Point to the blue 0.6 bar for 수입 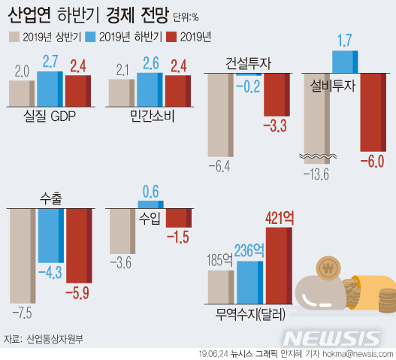point(150,204)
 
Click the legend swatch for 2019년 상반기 point(14,36)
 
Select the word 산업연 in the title point(30,13)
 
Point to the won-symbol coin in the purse point(328,267)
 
